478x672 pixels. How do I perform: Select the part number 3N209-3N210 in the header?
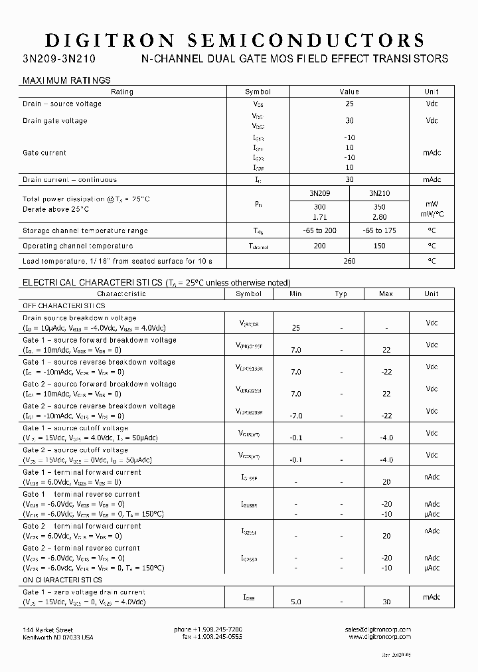59,59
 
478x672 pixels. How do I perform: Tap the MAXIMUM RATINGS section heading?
66,80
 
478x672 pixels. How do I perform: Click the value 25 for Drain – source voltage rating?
349,104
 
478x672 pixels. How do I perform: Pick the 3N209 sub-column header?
319,194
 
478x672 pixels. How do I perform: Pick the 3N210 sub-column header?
379,194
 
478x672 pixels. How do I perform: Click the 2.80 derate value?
379,216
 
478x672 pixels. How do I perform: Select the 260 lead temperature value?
349,261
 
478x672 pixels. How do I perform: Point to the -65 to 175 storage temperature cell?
379,230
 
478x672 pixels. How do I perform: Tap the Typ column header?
341,294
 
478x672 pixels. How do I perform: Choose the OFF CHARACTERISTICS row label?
64,306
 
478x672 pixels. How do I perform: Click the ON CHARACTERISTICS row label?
61,580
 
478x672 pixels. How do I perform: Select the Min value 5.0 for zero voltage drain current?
295,602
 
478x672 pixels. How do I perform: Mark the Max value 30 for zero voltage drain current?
386,602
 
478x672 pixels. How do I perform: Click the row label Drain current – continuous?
70,179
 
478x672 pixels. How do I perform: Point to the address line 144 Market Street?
48,629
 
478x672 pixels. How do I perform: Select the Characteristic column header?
121,294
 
